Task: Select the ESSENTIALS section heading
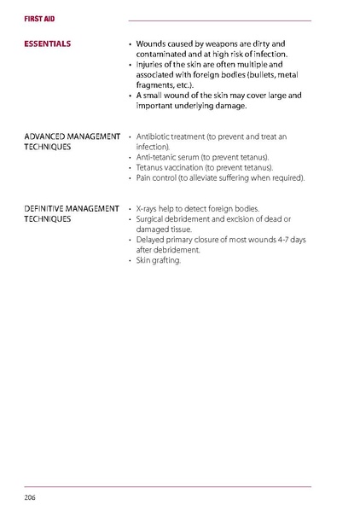pyautogui.click(x=48, y=43)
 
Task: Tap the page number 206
pyautogui.click(x=30, y=496)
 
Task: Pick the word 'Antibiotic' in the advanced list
pyautogui.click(x=156, y=136)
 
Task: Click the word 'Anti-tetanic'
pyautogui.click(x=160, y=157)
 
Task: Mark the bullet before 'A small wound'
pyautogui.click(x=129, y=96)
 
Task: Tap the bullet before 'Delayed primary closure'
pyautogui.click(x=129, y=240)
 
